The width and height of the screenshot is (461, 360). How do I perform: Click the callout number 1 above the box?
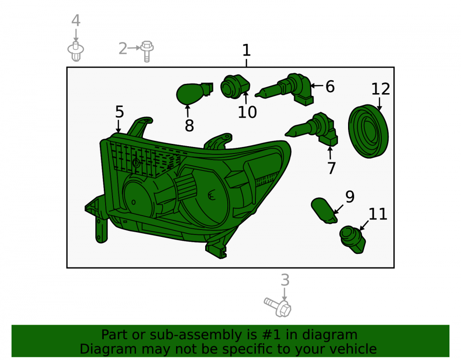click(246, 50)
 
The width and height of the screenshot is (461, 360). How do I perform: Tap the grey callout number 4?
click(76, 21)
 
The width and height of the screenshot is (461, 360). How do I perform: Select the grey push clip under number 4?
click(76, 52)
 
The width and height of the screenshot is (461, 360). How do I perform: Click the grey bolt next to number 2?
click(147, 51)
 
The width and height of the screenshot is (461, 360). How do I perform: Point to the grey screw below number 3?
click(278, 307)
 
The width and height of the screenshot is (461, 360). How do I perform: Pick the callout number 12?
click(380, 89)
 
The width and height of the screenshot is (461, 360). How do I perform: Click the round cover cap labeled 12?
click(368, 131)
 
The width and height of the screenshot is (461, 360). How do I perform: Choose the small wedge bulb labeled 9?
click(324, 210)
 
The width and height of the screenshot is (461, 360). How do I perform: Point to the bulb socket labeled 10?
click(235, 86)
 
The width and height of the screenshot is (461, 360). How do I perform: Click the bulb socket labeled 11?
click(352, 239)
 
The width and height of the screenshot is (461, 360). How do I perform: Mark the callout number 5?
click(119, 112)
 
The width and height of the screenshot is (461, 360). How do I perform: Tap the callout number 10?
click(247, 112)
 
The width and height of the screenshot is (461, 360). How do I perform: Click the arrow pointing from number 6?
click(317, 86)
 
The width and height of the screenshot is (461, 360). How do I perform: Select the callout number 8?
click(189, 126)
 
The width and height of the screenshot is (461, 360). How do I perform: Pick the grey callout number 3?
click(285, 280)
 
